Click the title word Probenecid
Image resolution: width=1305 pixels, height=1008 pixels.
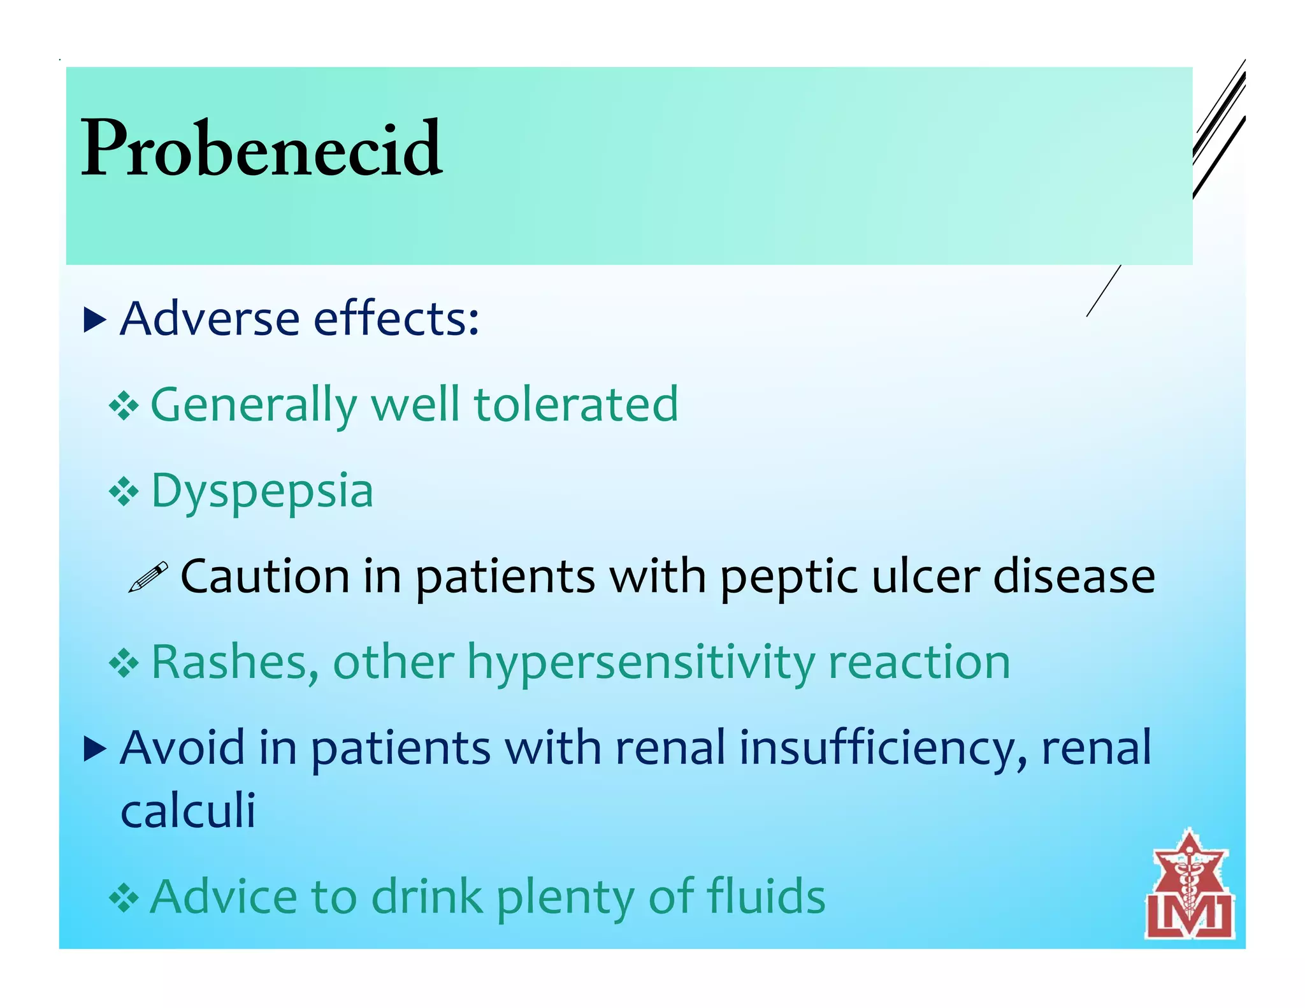[261, 148]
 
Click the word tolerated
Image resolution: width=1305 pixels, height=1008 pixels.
[576, 405]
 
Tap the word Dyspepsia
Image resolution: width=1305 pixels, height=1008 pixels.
[262, 492]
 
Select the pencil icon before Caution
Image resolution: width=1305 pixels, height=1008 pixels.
[148, 577]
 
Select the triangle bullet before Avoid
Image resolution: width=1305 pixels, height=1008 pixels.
[94, 750]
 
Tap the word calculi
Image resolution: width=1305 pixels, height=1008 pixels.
[188, 810]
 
